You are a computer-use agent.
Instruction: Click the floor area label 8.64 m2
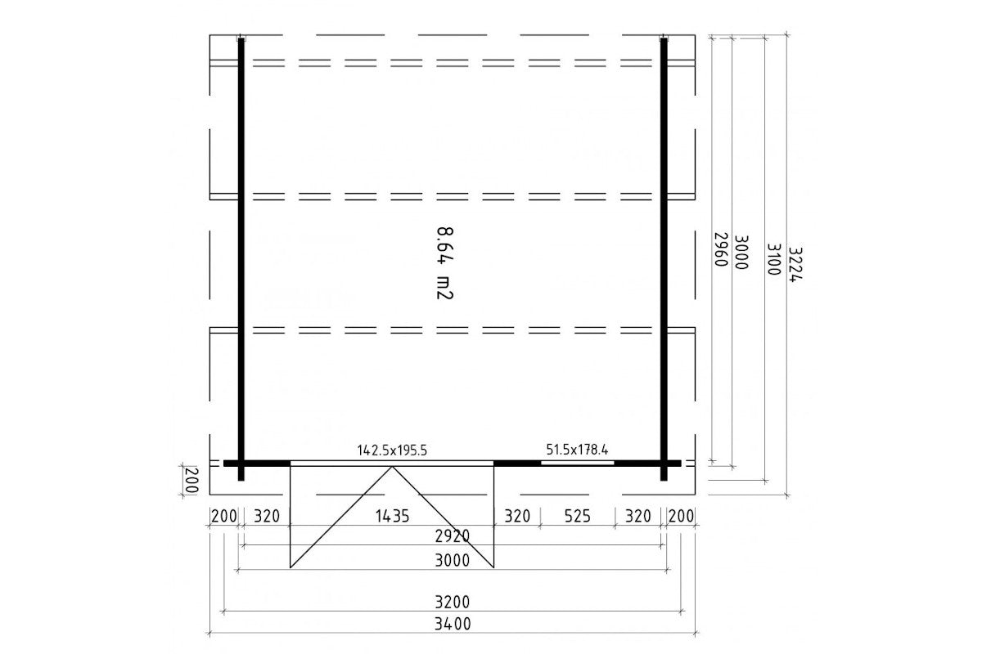pyautogui.click(x=444, y=263)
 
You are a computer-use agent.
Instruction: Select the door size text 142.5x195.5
pyautogui.click(x=392, y=450)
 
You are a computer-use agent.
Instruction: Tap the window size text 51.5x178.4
pyautogui.click(x=577, y=450)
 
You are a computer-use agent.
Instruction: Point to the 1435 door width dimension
pyautogui.click(x=392, y=516)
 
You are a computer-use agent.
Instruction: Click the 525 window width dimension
pyautogui.click(x=577, y=516)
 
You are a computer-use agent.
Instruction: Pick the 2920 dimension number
pyautogui.click(x=453, y=535)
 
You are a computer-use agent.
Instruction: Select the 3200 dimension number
pyautogui.click(x=453, y=602)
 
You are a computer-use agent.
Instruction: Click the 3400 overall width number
pyautogui.click(x=453, y=623)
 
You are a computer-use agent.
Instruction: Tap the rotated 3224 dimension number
pyautogui.click(x=795, y=265)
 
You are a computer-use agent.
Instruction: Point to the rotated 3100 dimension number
pyautogui.click(x=774, y=259)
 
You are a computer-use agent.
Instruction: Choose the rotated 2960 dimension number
pyautogui.click(x=721, y=249)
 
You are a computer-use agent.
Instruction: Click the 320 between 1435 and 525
pyautogui.click(x=517, y=516)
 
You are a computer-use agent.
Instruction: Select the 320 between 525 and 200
pyautogui.click(x=637, y=516)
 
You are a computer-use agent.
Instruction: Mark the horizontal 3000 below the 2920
pyautogui.click(x=453, y=560)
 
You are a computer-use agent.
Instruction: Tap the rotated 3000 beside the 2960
pyautogui.click(x=741, y=252)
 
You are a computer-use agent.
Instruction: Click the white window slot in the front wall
pyautogui.click(x=578, y=463)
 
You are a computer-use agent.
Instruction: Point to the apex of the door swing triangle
pyautogui.click(x=392, y=467)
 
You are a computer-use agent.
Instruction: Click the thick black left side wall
pyautogui.click(x=241, y=259)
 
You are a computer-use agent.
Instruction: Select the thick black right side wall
pyautogui.click(x=664, y=259)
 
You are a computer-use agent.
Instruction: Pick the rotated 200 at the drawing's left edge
pyautogui.click(x=192, y=480)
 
